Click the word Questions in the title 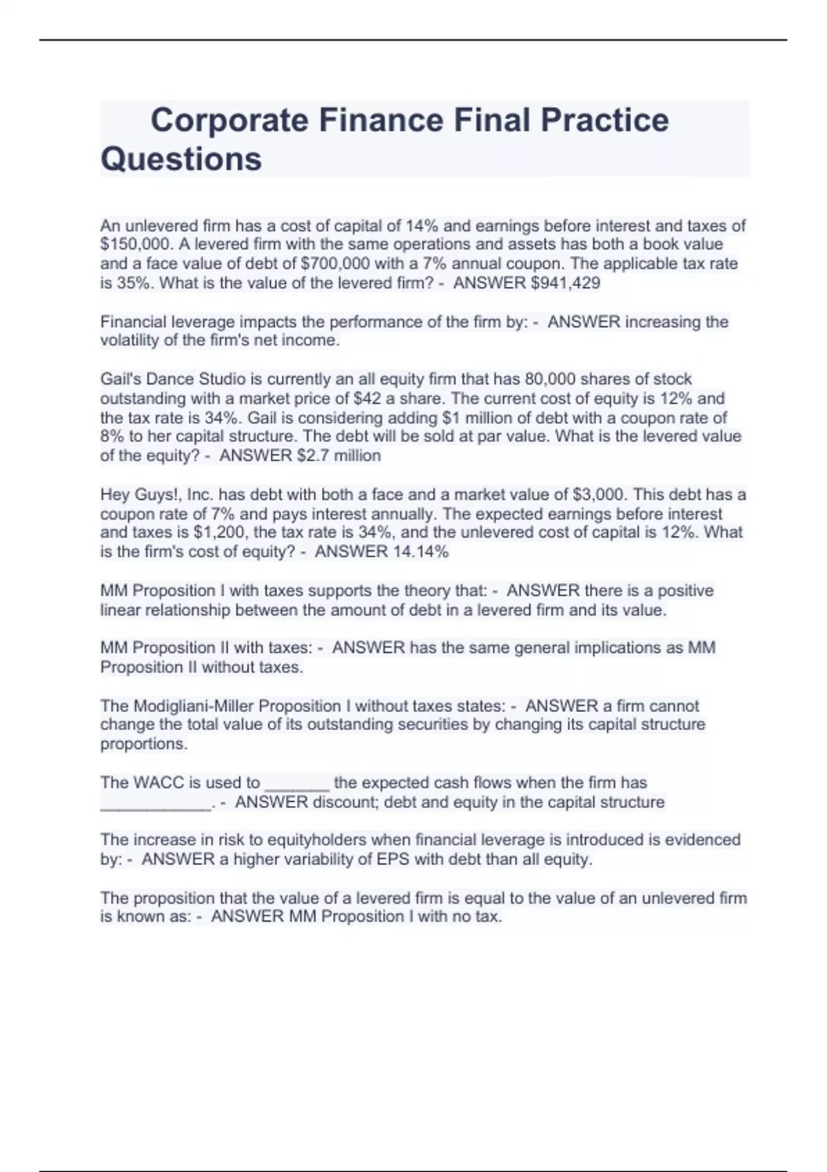coord(181,159)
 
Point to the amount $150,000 coord(134,244)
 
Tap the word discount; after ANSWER coord(346,802)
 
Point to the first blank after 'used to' coord(297,785)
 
